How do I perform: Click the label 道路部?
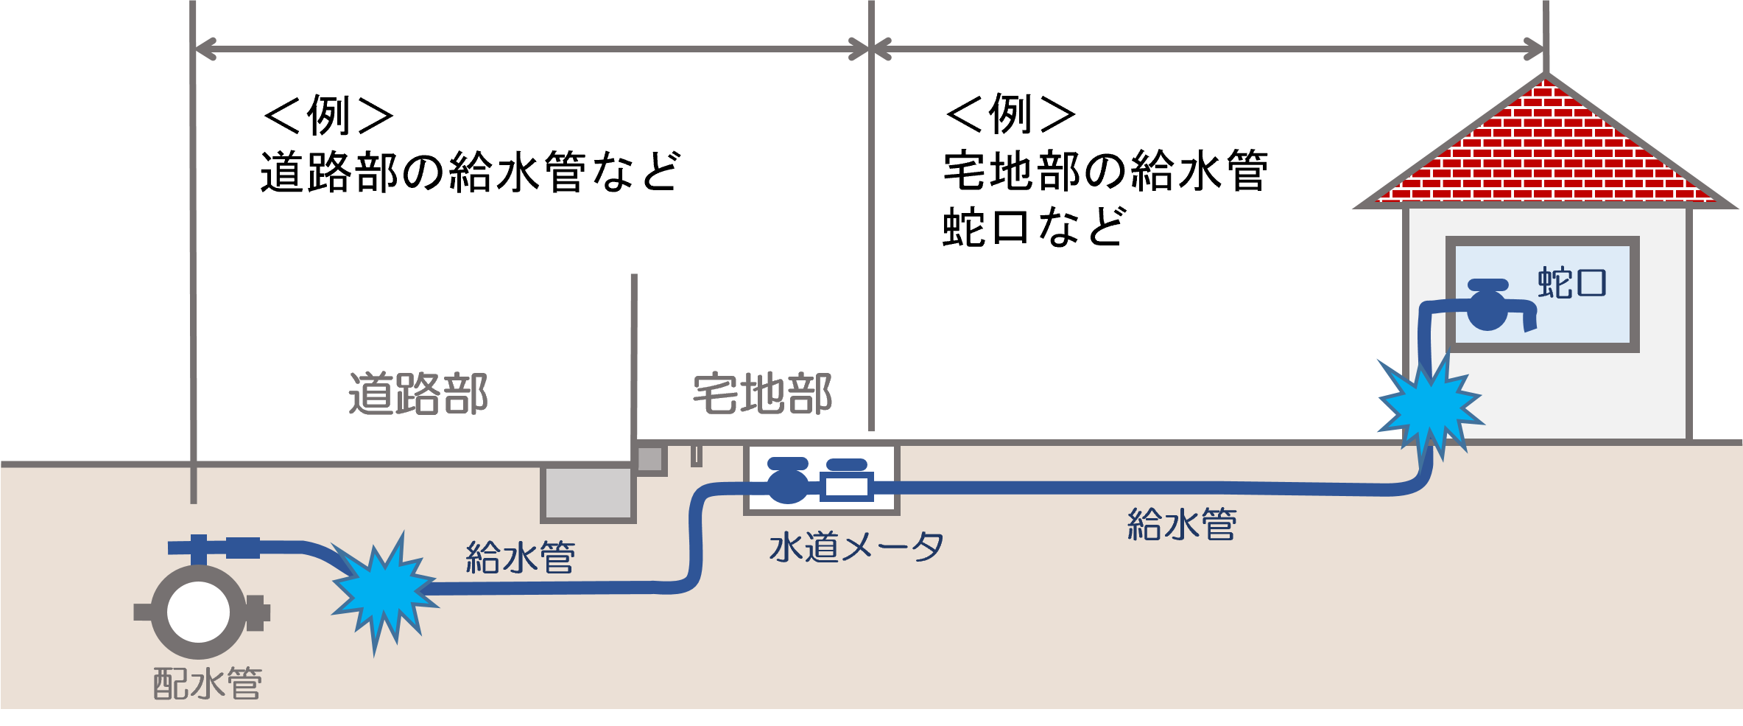point(418,394)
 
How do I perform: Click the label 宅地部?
point(762,394)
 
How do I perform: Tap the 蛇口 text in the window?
point(1571,283)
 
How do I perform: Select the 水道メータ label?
point(856,548)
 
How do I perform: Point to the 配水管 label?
point(208,684)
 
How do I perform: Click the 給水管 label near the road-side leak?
point(520,557)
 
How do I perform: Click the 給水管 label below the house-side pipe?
point(1182,524)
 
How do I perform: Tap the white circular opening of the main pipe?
point(198,612)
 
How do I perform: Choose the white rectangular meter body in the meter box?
point(847,487)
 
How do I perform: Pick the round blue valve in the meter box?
point(788,483)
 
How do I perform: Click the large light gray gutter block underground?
point(588,493)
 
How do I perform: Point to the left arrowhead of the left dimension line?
point(203,49)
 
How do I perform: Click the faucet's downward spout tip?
point(1530,325)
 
